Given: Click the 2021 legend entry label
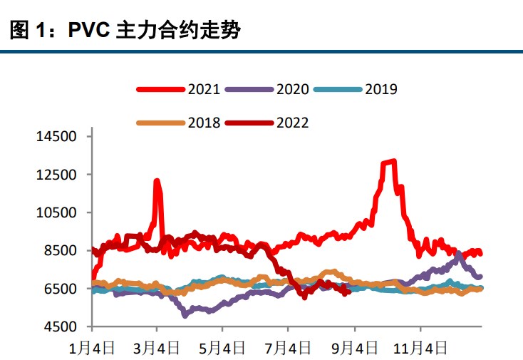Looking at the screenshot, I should tap(204, 89).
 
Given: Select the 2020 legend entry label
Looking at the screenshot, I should tap(293, 89).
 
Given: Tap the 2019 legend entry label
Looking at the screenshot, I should tap(381, 89).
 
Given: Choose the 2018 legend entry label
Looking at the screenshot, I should tap(204, 123).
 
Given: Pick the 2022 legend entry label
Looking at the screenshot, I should tap(293, 123).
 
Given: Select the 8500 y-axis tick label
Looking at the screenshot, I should tap(59, 251).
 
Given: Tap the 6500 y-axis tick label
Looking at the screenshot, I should tap(59, 289).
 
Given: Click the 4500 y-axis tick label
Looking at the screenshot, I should tap(59, 327).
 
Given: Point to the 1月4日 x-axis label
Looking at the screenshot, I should tap(93, 348).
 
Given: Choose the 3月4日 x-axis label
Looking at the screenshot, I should tap(158, 348).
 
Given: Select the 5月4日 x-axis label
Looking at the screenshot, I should tap(223, 348).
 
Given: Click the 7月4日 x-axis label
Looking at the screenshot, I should tap(289, 348).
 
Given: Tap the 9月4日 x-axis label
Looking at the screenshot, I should tap(354, 348).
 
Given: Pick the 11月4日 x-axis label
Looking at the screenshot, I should tap(420, 348).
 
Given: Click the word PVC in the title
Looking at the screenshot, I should tap(89, 31).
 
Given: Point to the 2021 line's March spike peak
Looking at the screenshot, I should tap(156, 182).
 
